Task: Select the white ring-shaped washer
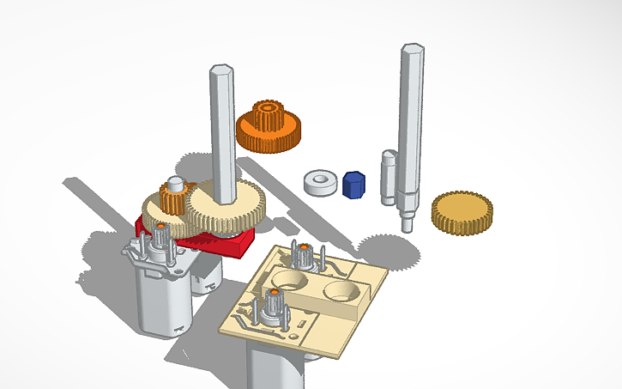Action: (x=321, y=182)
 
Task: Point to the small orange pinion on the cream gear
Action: (x=171, y=203)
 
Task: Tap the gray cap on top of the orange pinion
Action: (x=175, y=185)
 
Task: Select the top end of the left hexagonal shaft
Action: (x=221, y=69)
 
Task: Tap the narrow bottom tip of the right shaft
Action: (x=407, y=224)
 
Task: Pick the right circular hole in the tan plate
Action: (x=340, y=289)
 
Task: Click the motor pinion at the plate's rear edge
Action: (x=302, y=253)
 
